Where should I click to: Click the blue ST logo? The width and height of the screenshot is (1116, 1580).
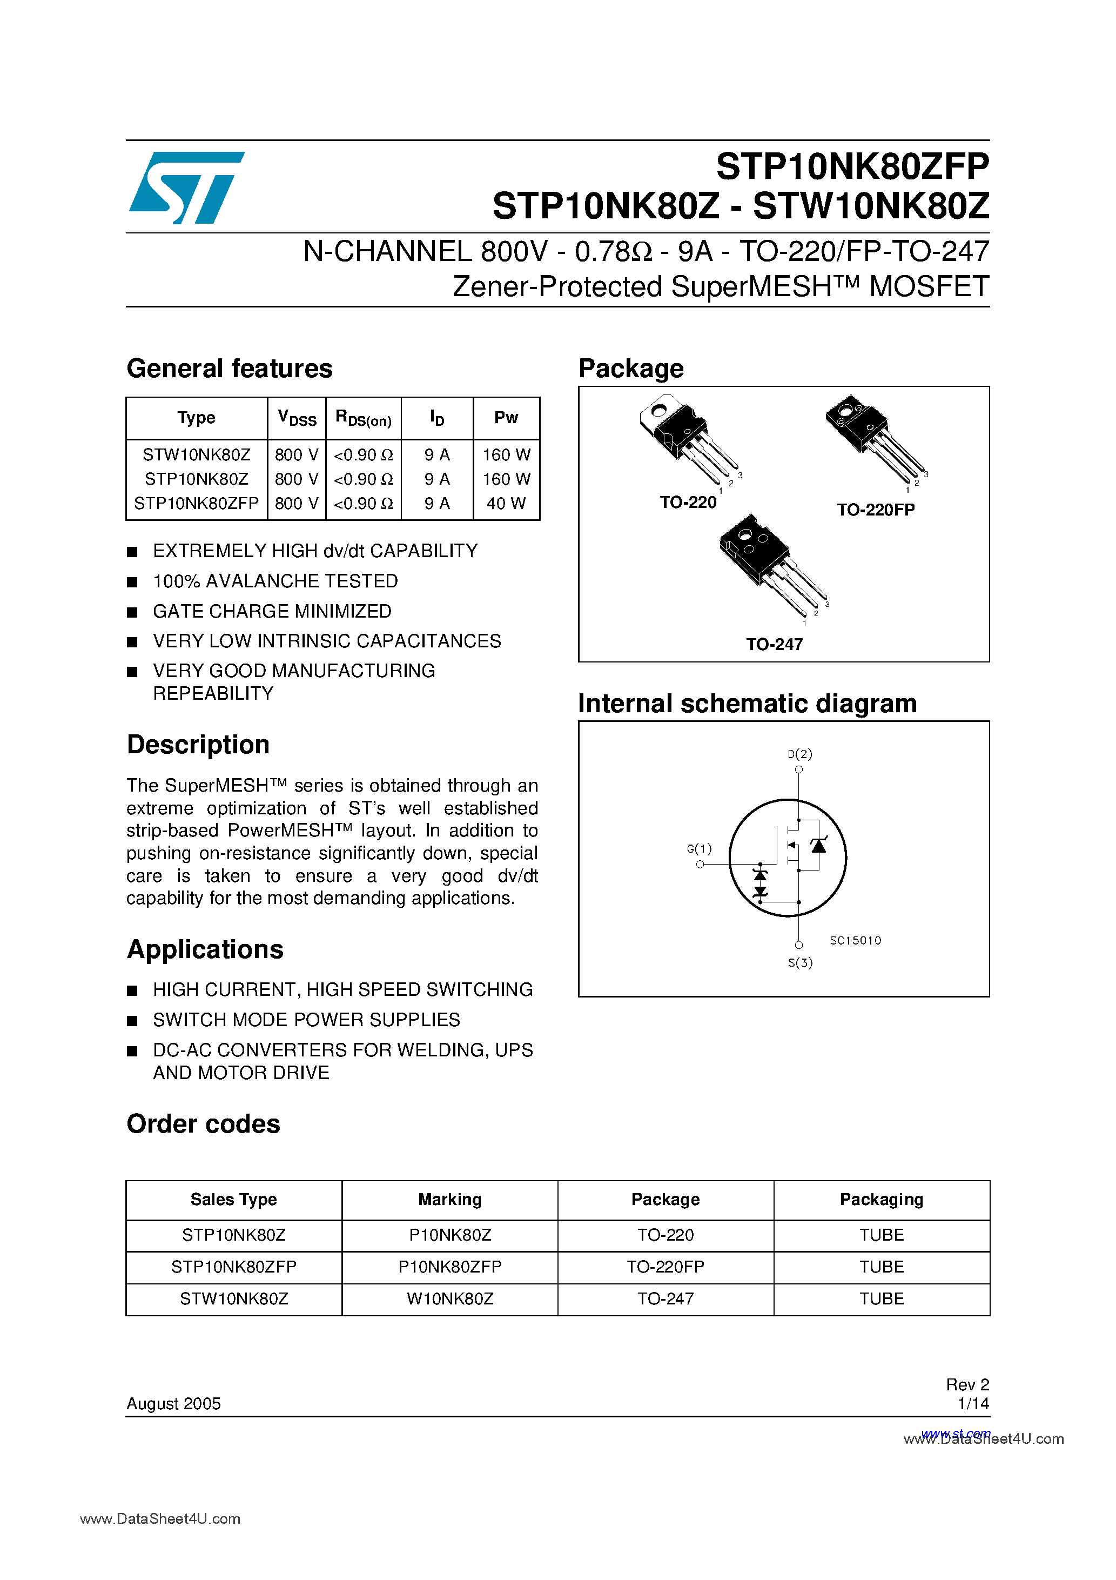[x=186, y=187]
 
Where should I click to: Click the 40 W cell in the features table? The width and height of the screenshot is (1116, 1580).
[x=506, y=503]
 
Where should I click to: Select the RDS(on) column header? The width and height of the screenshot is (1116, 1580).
[x=364, y=418]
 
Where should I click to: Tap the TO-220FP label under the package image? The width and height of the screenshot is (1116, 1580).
[x=875, y=510]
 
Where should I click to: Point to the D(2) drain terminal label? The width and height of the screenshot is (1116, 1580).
[x=799, y=754]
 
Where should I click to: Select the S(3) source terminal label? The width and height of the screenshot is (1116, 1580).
[x=800, y=963]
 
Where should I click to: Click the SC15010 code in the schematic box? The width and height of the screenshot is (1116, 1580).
[x=855, y=941]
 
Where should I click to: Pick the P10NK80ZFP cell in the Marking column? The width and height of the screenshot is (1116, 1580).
[x=450, y=1267]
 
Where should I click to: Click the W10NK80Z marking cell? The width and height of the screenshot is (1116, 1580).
[x=450, y=1298]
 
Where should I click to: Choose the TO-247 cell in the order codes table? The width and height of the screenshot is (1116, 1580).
[x=665, y=1298]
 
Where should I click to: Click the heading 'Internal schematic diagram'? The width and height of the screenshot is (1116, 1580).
[x=747, y=704]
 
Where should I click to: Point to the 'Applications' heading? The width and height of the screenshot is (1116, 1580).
[x=205, y=949]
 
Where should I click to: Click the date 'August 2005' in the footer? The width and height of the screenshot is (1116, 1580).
[x=173, y=1403]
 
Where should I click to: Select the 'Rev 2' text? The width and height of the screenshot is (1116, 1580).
[x=967, y=1384]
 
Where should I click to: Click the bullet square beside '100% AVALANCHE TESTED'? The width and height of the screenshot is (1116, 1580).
[x=133, y=582]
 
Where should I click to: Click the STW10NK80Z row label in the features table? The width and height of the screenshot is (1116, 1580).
[x=196, y=455]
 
